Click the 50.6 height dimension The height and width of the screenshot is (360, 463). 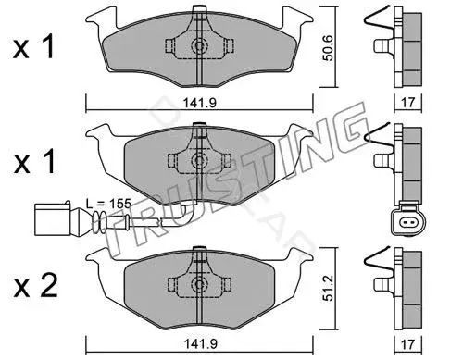(x=328, y=48)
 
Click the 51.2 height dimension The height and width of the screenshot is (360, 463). (x=328, y=288)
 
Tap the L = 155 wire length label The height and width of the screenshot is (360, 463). (x=108, y=204)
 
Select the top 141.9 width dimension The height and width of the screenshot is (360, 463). (x=200, y=103)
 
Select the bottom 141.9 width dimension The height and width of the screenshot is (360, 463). (x=200, y=343)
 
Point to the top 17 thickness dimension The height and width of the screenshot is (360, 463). (x=408, y=102)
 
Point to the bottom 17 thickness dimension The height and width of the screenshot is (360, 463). (x=408, y=343)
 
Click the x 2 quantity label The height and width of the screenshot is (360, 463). (x=35, y=286)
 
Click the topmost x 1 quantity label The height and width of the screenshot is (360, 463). (x=33, y=47)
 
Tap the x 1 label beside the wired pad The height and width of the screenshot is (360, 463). (x=33, y=161)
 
